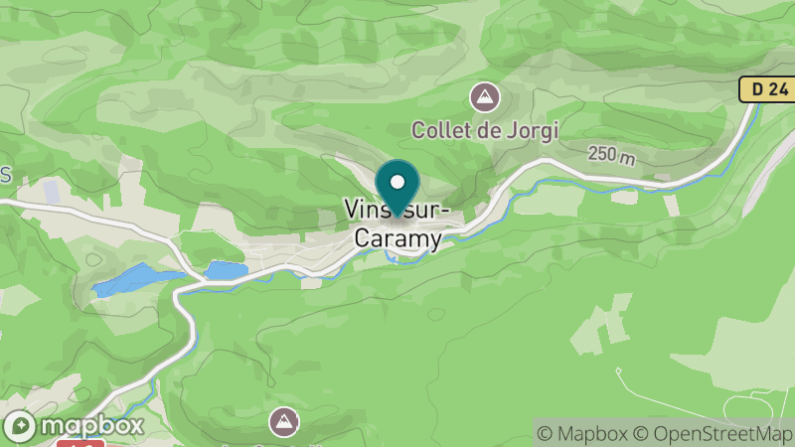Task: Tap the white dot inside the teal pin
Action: (x=397, y=182)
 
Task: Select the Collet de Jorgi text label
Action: (x=486, y=129)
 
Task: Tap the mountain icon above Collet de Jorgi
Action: (x=485, y=97)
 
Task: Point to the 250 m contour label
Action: (x=611, y=155)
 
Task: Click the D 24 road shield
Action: (x=769, y=89)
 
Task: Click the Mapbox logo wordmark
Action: (x=91, y=425)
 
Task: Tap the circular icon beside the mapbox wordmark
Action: (x=21, y=426)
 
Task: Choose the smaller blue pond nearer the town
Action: (x=227, y=270)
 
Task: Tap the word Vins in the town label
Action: (x=365, y=210)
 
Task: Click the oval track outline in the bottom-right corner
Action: (x=755, y=407)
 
